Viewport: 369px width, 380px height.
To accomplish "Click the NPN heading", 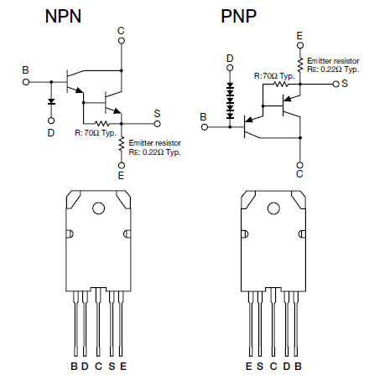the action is point(63,16).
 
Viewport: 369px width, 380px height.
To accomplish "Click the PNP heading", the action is point(238,16).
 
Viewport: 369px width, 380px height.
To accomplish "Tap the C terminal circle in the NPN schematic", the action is point(122,41).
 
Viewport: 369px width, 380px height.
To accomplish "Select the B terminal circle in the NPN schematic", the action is point(26,82).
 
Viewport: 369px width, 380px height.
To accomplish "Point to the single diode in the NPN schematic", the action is point(51,101).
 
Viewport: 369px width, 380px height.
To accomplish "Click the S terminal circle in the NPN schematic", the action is point(158,124).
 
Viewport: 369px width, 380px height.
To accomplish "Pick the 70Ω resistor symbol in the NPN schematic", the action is point(102,123).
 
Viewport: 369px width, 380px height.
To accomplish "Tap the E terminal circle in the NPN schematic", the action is point(122,166).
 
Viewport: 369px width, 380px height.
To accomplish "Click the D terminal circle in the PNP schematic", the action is point(230,68).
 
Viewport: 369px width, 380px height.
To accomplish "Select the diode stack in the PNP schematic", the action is point(230,101).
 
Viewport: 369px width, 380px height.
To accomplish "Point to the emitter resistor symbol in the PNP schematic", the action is point(300,64).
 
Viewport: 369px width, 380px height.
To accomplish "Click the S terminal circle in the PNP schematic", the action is point(336,84).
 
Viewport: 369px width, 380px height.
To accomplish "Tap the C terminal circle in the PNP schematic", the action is point(300,165).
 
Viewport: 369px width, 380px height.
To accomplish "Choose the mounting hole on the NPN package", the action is point(98,208).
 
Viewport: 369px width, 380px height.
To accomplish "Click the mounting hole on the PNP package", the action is point(273,208).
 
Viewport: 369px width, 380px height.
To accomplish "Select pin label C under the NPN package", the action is point(98,366).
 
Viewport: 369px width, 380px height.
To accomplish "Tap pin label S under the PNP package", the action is point(260,366).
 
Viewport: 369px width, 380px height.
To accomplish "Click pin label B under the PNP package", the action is point(299,366).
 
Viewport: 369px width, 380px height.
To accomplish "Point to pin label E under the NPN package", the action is point(123,366).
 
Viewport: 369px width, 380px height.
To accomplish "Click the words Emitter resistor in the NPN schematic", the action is point(155,143).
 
